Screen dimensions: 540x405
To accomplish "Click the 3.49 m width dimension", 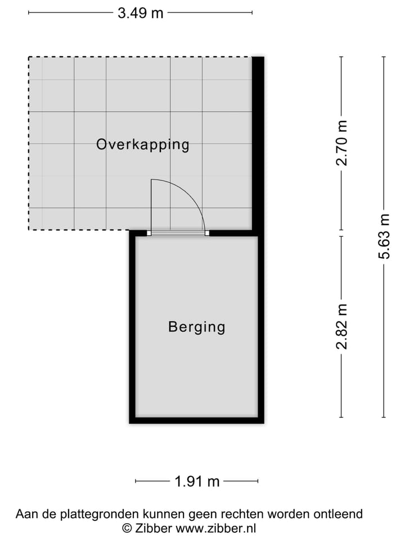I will (140, 13).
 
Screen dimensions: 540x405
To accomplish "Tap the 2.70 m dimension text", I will (341, 143).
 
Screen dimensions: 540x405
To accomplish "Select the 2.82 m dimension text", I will (341, 326).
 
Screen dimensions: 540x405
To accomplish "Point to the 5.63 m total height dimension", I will (384, 236).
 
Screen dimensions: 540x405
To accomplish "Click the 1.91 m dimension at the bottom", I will (196, 481).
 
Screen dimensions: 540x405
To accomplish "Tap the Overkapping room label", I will (142, 145).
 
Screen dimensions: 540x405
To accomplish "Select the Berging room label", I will (196, 327).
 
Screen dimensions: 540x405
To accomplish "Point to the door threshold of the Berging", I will (178, 233).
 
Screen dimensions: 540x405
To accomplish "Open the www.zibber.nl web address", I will (216, 528).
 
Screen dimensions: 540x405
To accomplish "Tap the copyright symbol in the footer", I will (127, 528).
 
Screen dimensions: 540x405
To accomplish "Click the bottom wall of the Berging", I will (196, 420).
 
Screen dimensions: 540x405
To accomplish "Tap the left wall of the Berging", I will (133, 326).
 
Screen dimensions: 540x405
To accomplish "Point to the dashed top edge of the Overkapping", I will (140, 57).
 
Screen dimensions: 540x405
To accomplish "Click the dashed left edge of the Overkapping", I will (29, 143).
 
